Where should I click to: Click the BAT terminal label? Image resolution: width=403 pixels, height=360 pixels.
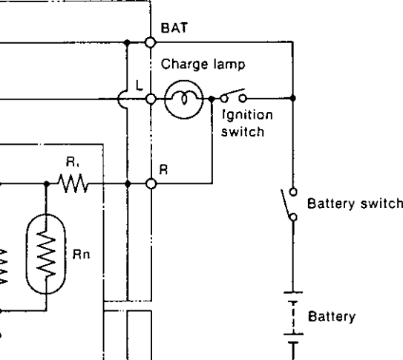(174, 27)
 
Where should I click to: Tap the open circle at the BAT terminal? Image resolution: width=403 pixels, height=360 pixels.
(151, 42)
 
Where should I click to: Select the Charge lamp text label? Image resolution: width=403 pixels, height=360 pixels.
(203, 65)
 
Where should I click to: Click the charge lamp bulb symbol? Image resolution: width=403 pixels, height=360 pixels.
(184, 99)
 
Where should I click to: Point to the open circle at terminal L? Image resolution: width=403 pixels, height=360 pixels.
(151, 99)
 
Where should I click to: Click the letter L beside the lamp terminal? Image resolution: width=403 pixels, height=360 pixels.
(139, 85)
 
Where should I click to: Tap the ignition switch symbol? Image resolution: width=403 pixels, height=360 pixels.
(233, 96)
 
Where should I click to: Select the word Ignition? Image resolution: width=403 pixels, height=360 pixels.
(247, 115)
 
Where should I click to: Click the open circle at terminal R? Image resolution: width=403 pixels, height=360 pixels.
(151, 184)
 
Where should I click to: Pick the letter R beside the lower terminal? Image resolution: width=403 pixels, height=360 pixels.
(163, 169)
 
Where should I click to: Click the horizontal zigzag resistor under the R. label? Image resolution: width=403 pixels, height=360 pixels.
(73, 183)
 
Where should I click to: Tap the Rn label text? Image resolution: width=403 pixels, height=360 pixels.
(82, 255)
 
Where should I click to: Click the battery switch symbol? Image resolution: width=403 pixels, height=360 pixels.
(289, 204)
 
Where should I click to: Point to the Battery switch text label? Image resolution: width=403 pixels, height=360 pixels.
(355, 203)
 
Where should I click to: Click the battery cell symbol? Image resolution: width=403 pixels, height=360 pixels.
(293, 318)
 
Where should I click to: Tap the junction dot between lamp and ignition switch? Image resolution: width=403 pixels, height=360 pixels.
(212, 99)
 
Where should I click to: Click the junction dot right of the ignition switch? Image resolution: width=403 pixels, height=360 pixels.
(292, 98)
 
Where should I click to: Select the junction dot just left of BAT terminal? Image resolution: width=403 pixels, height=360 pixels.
(127, 42)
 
